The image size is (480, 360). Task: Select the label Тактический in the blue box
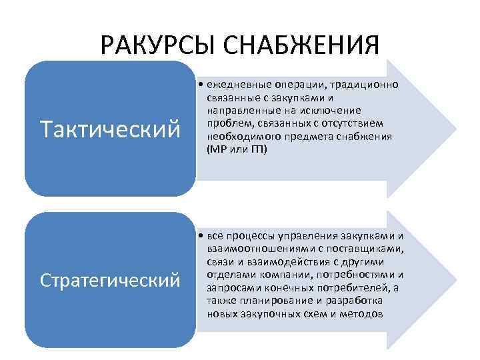(x=110, y=128)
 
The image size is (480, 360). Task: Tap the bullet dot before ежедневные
(x=201, y=85)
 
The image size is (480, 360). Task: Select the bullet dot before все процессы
(x=201, y=237)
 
